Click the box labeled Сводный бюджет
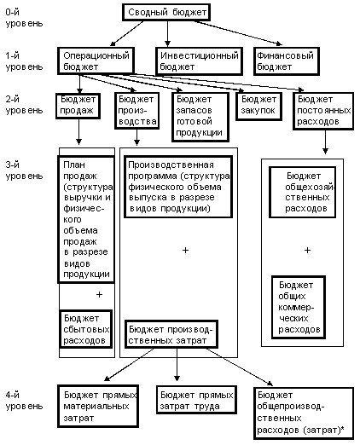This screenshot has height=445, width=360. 166,12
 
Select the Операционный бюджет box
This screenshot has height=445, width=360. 96,61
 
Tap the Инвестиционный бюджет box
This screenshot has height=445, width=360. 199,61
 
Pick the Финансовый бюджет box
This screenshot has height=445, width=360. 287,61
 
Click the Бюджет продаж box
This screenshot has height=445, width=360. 78,106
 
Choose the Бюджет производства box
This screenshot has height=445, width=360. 137,111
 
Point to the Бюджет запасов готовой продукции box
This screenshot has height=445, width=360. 200,117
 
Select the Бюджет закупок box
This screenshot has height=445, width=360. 258,107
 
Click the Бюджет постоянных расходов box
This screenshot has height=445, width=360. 323,111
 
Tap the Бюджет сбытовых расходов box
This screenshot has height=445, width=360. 86,329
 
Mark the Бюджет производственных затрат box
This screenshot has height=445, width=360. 171,334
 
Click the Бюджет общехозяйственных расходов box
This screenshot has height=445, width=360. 303,192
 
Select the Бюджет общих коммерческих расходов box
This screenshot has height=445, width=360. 299,307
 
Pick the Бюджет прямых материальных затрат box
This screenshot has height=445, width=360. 98,406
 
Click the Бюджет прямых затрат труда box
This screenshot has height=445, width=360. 196,400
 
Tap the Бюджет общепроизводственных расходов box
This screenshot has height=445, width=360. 304,413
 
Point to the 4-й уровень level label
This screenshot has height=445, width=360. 24,401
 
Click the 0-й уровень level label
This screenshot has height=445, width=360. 24,18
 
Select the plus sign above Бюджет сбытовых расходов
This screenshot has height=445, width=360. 99,294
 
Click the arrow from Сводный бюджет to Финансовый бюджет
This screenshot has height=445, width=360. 238,32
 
